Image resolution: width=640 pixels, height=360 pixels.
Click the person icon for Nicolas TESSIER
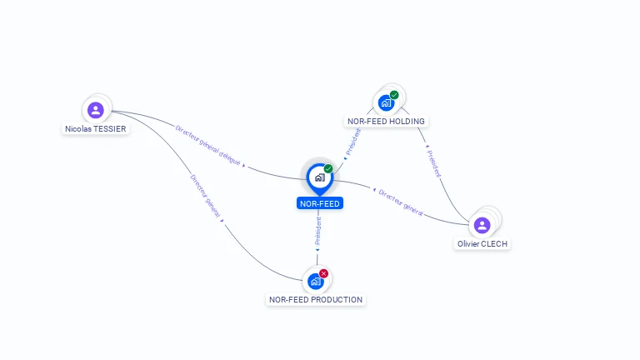tap(96, 110)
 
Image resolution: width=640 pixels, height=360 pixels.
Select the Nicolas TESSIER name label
tap(96, 129)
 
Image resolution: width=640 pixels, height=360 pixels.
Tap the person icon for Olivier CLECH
tap(482, 225)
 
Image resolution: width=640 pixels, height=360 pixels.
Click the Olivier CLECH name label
tap(482, 244)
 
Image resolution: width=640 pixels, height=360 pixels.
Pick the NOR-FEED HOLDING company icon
tap(385, 103)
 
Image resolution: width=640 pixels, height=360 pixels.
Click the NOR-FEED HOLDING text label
tap(386, 122)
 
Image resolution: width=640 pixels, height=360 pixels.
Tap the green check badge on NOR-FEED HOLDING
tap(394, 95)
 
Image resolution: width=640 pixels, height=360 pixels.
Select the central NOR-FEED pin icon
tap(319, 177)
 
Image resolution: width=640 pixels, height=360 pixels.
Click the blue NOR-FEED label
tap(320, 203)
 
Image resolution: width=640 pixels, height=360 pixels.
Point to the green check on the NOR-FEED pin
tap(328, 169)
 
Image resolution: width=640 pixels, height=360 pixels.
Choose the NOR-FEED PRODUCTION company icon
tap(315, 282)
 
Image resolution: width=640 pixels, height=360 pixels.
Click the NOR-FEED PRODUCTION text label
tap(316, 300)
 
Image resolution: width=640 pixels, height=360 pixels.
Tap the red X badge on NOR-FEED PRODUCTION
tap(324, 273)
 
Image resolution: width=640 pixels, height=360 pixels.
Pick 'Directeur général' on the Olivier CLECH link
tap(401, 202)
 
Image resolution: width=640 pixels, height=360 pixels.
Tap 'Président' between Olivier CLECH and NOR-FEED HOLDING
tap(433, 163)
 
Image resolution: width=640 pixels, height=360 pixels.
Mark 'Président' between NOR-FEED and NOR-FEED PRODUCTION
tap(317, 232)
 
